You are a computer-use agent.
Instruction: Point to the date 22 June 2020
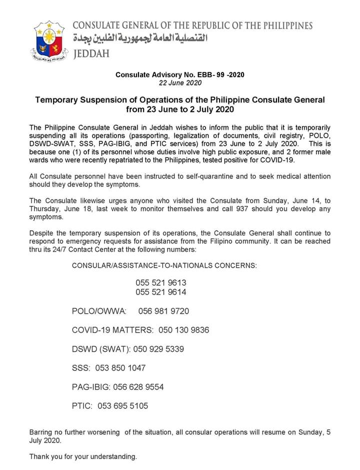(179, 82)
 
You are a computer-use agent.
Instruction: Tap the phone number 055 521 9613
(161, 283)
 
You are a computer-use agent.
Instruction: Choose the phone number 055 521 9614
(161, 292)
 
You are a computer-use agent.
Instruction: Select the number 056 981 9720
(164, 311)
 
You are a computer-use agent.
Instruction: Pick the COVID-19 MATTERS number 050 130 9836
(184, 330)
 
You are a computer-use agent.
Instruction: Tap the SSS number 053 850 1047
(121, 368)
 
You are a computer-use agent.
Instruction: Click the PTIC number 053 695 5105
(123, 406)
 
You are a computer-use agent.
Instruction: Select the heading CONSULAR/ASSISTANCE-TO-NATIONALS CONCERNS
(164, 266)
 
